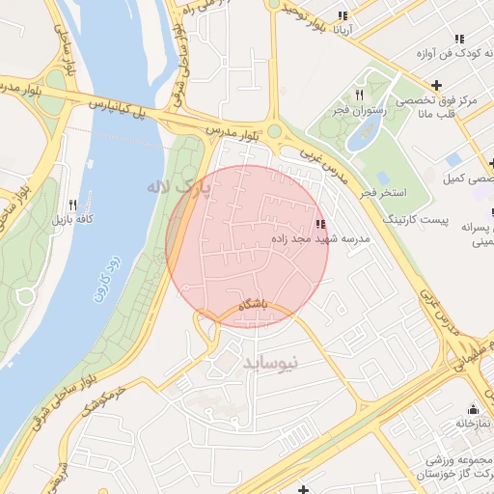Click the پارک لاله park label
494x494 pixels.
point(177,185)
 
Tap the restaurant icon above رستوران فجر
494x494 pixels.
point(359,95)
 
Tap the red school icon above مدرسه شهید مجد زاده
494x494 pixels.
point(319,225)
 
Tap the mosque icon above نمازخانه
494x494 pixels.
point(472,408)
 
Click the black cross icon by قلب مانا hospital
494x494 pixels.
point(437,86)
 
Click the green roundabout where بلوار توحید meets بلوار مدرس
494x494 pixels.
point(273,130)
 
